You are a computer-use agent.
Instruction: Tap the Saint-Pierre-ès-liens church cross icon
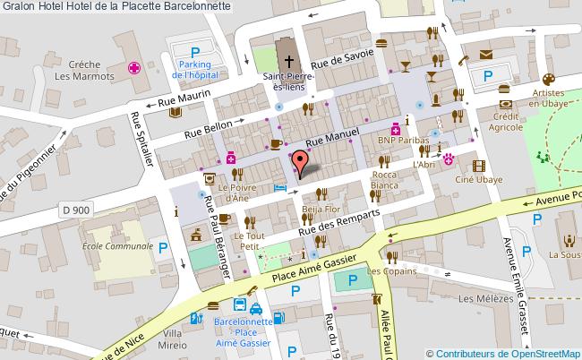pyautogui.click(x=289, y=62)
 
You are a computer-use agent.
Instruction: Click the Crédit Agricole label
pyautogui.click(x=506, y=122)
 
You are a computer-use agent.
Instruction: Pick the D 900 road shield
pyautogui.click(x=79, y=210)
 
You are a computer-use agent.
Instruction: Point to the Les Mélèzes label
pyautogui.click(x=480, y=299)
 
